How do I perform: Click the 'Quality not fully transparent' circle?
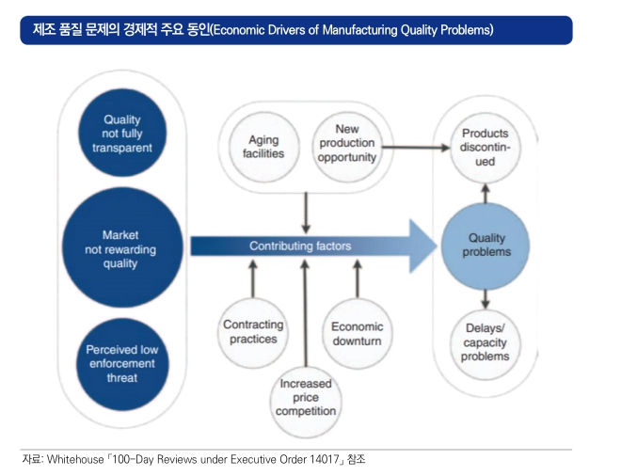coord(122,133)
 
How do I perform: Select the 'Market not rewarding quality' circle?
coord(122,248)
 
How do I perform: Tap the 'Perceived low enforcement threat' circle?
coord(122,364)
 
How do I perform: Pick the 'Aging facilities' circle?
coord(263,147)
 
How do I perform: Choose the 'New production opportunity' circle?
coord(347,147)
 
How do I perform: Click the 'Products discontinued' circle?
coord(486,148)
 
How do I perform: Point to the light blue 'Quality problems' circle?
coord(486,246)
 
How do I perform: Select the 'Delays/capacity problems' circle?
coord(486,343)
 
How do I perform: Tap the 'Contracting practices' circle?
coord(253,333)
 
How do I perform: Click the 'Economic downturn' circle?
coord(358,334)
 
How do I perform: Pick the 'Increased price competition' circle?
coord(306,401)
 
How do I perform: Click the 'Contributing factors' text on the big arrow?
coord(300,246)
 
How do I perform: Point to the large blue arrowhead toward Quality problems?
coord(423,246)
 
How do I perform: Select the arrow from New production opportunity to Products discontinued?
coord(416,148)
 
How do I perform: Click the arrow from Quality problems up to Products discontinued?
coord(486,193)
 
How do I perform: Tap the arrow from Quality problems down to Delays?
coord(486,299)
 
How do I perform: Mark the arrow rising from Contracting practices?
coord(253,278)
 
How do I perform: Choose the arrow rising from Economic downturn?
coord(358,278)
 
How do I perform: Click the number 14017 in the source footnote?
coord(324,459)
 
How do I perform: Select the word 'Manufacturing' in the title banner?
coord(360,30)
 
